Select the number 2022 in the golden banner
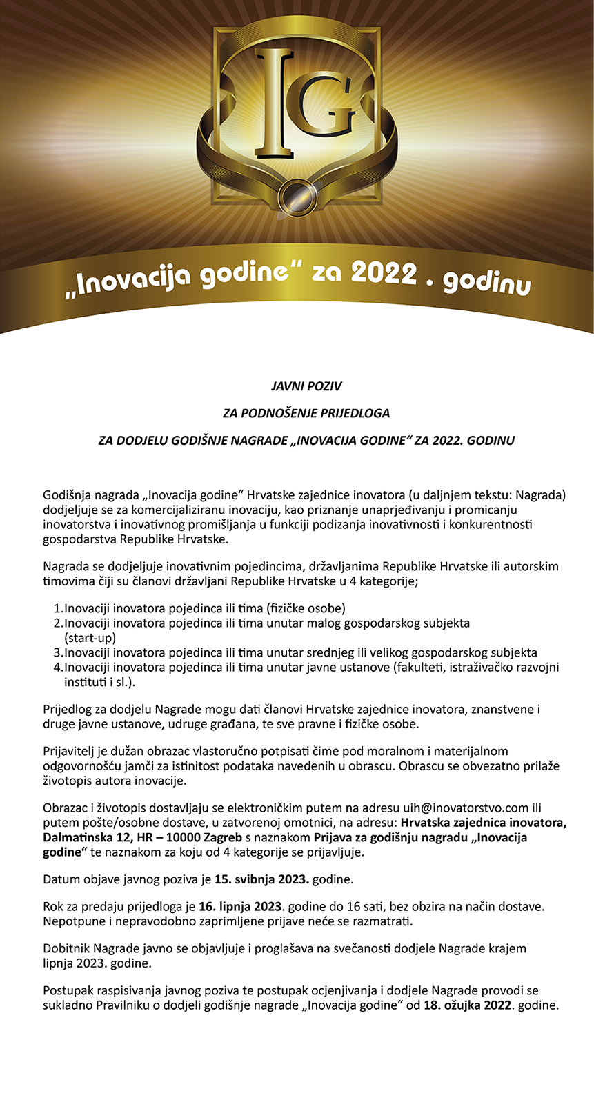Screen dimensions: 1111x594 pyautogui.click(x=384, y=273)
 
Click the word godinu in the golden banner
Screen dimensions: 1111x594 pyautogui.click(x=486, y=281)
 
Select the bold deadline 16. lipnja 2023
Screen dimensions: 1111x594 pyautogui.click(x=240, y=906)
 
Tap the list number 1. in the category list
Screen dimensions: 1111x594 pyautogui.click(x=58, y=608)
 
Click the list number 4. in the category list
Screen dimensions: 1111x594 pyautogui.click(x=58, y=668)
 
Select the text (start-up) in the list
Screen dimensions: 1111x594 pyautogui.click(x=90, y=638)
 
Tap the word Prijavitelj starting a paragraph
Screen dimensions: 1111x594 pyautogui.click(x=72, y=751)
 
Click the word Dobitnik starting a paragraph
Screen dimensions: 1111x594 pyautogui.click(x=67, y=948)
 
